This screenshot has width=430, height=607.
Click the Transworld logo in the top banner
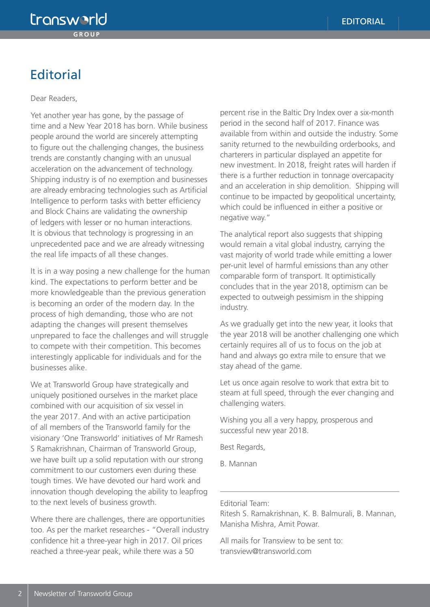pos(69,19)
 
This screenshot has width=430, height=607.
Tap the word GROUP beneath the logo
pos(86,34)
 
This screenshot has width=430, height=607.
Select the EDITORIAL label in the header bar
pos(363,21)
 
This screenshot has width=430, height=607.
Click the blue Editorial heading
pos(56,75)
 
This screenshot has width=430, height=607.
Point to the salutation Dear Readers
pos(54,98)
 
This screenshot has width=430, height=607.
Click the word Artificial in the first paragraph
pos(193,190)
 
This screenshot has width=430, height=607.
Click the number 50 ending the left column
pos(189,551)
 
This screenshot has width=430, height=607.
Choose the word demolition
pos(330,186)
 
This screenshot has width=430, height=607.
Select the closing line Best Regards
pos(242,447)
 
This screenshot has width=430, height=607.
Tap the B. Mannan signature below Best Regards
pos(238,463)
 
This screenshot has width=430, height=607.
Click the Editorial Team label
pos(244,503)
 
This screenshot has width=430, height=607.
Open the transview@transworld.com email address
pos(266,551)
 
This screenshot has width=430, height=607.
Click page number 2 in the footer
pos(20,594)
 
